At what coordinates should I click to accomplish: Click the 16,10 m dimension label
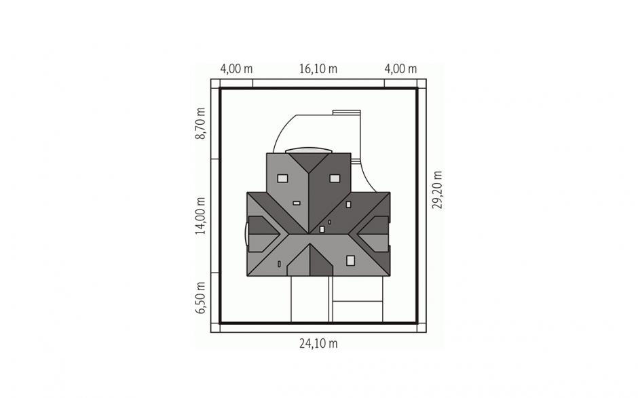point(318,68)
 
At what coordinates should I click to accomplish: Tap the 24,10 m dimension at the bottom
point(318,344)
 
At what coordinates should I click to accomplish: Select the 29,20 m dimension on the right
point(437,189)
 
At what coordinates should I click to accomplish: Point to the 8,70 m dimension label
point(200,123)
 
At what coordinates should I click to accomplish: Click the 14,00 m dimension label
point(200,216)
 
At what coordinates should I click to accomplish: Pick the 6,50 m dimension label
point(200,298)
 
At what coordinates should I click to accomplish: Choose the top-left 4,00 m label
point(236,68)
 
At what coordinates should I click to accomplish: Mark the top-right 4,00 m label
point(400,68)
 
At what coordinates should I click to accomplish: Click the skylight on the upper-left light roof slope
point(282,178)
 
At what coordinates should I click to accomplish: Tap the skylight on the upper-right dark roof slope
point(335,178)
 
